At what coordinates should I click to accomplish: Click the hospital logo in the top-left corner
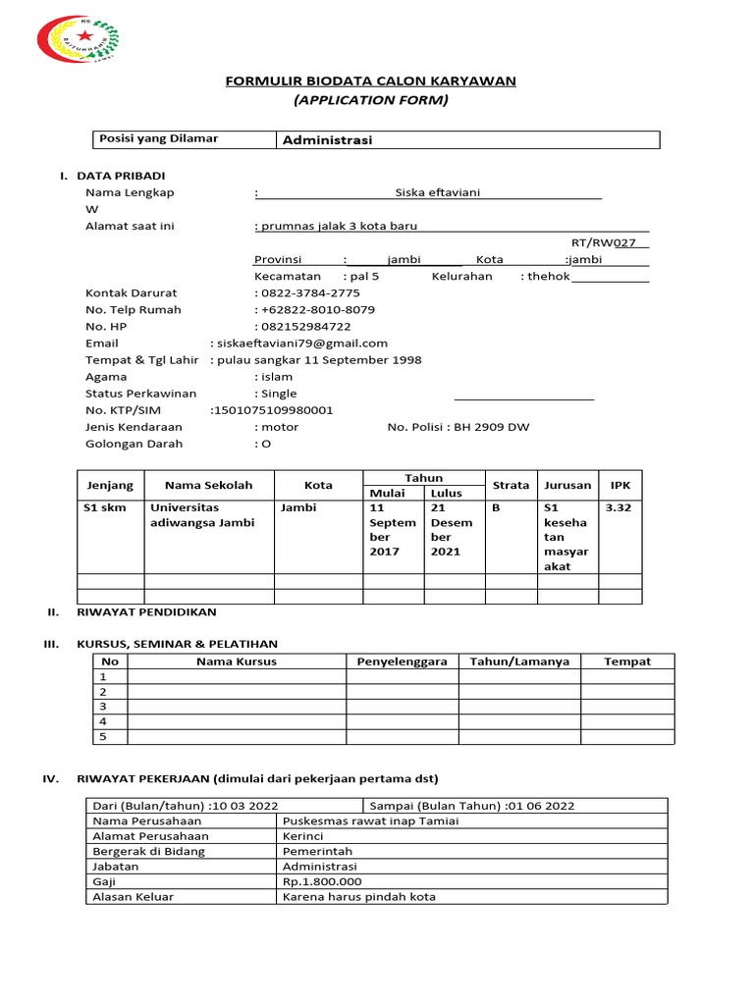coord(78,40)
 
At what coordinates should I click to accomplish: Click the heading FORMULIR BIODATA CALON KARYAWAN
coord(371,80)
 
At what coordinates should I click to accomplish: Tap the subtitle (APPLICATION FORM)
coord(371,100)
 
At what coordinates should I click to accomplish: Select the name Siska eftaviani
coord(437,192)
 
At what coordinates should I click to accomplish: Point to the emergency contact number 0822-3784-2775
coord(309,293)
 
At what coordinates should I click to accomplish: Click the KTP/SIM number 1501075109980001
coord(273,410)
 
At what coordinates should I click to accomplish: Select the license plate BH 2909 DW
coord(489,427)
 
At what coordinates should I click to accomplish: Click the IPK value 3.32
coord(619,508)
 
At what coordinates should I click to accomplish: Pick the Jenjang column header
coord(110,486)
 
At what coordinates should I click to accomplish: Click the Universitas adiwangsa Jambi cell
coord(201,515)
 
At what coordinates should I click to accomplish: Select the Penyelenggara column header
coord(402,661)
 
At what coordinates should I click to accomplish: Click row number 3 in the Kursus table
coord(103,707)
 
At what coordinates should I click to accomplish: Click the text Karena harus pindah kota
coord(358,897)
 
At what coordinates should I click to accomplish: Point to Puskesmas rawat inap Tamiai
coord(370,821)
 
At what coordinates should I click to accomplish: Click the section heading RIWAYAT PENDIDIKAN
coord(146,611)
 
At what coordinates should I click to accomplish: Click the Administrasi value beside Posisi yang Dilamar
coord(327,140)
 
